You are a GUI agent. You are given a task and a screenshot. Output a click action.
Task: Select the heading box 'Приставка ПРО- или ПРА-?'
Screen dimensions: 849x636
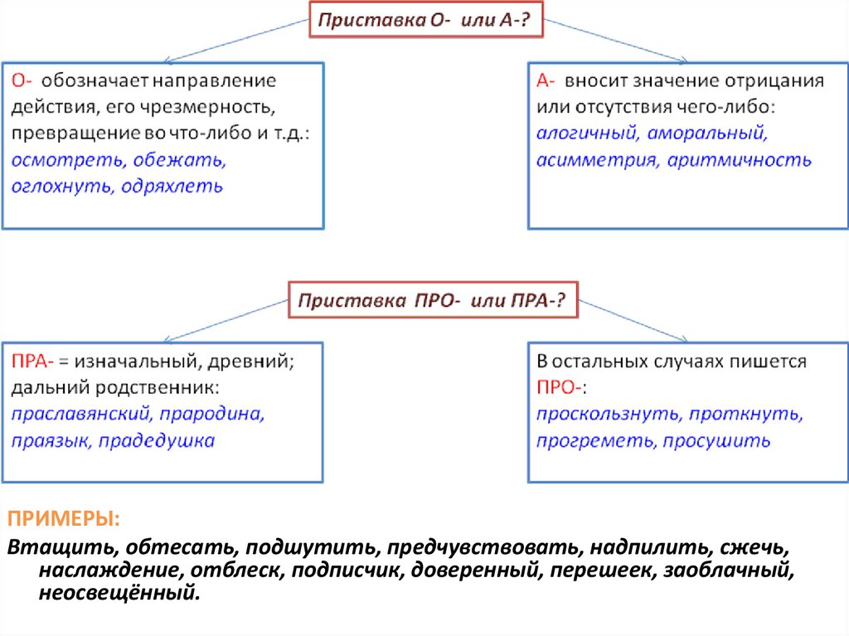(432, 300)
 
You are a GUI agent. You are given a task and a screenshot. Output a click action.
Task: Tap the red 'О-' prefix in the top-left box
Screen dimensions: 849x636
(22, 81)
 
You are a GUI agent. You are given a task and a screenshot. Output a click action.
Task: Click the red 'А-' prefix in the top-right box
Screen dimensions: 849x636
(546, 81)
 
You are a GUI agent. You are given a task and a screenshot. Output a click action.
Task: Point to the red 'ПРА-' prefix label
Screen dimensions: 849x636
(33, 362)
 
